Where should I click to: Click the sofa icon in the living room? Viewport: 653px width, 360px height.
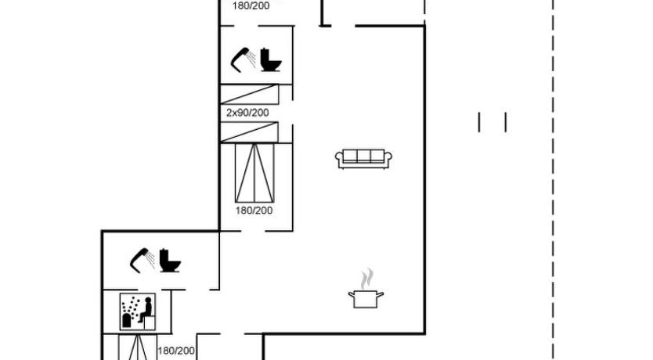click(x=363, y=159)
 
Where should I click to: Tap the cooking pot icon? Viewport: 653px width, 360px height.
click(x=366, y=299)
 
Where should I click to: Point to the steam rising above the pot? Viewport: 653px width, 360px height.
click(x=367, y=279)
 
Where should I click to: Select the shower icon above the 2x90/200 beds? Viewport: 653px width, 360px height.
click(x=244, y=60)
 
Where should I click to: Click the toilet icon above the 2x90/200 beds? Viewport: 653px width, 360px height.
click(x=271, y=60)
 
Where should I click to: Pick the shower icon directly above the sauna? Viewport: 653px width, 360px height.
click(x=143, y=260)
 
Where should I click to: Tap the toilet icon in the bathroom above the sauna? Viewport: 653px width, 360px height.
click(x=169, y=261)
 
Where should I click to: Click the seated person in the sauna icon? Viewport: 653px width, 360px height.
click(x=146, y=310)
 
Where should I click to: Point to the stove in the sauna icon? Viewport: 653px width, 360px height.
click(x=127, y=320)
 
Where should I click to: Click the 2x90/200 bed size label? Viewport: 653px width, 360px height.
click(x=247, y=113)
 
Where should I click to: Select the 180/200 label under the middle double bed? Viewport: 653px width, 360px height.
click(x=254, y=211)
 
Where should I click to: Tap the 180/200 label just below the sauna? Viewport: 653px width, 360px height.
click(x=176, y=351)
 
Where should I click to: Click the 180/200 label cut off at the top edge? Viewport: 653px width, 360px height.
click(x=251, y=5)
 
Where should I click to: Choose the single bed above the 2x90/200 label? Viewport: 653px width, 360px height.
click(x=250, y=95)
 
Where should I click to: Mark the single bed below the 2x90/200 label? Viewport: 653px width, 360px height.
click(x=250, y=132)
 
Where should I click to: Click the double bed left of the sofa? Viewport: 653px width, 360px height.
click(x=254, y=173)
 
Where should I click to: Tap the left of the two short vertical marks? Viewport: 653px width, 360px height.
click(x=479, y=122)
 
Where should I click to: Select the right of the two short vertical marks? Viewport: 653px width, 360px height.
click(x=506, y=122)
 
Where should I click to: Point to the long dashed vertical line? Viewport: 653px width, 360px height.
click(x=553, y=180)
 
